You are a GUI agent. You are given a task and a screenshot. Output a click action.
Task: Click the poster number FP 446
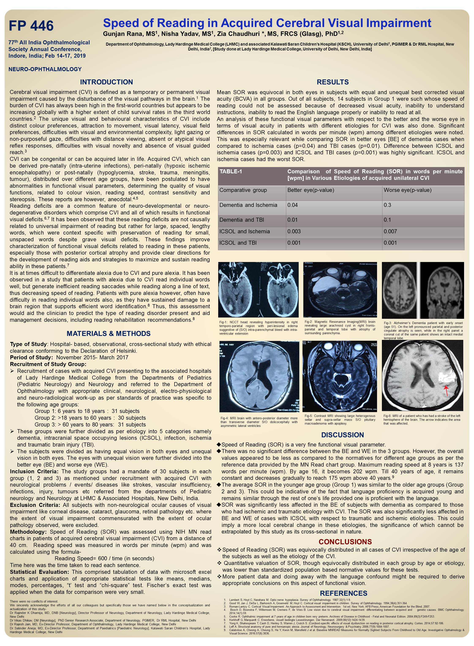point(31,26)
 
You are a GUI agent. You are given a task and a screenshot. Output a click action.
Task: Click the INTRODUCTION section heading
point(106,82)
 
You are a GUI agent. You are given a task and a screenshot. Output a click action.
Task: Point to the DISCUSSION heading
point(342,435)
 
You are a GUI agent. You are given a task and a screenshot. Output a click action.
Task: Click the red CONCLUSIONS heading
point(345,542)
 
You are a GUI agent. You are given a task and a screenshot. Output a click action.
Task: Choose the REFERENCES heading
point(343,593)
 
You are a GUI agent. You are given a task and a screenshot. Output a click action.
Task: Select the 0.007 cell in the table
point(390,231)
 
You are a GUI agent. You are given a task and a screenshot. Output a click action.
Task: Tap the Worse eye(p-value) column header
point(407,190)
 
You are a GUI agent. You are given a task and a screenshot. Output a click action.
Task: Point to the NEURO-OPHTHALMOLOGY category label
point(45,69)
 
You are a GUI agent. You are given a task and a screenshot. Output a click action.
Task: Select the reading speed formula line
point(104,558)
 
